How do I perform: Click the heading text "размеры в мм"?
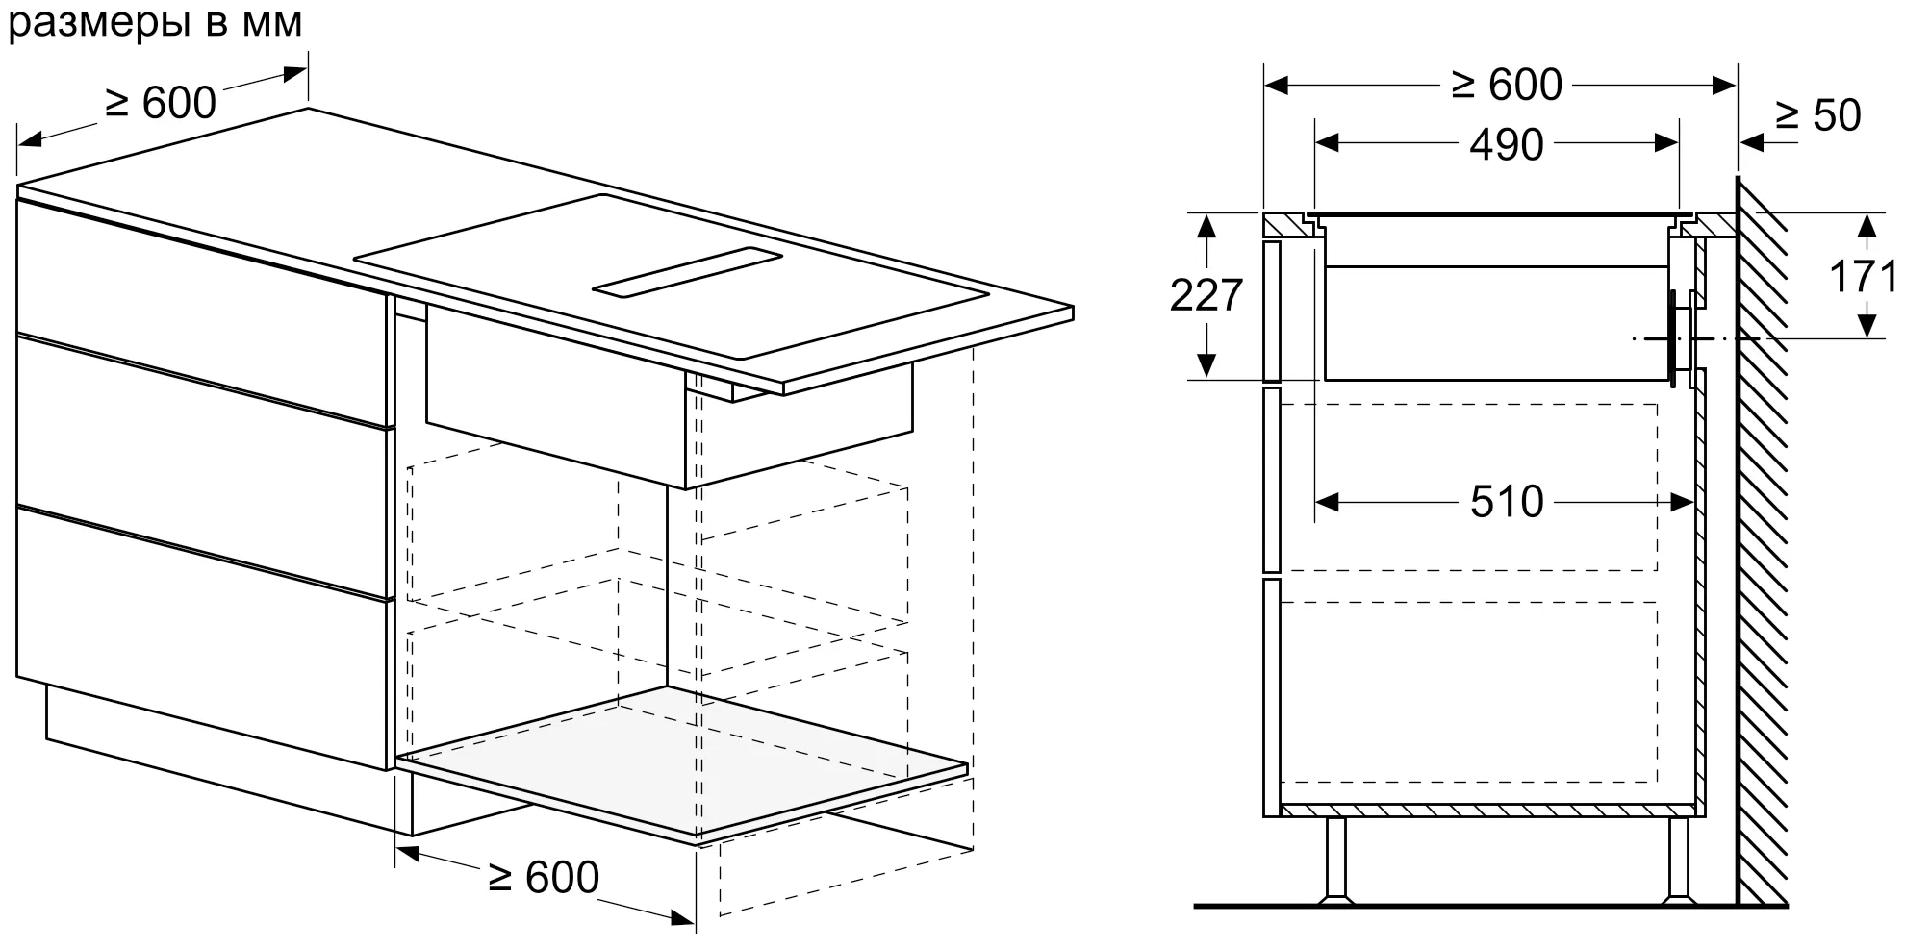(156, 23)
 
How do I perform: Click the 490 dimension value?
(1507, 144)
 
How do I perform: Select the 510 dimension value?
(1507, 502)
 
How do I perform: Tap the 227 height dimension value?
(1206, 295)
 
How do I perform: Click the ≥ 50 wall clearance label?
(1818, 115)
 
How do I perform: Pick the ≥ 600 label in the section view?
(1507, 86)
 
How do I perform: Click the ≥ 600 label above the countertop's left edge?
(161, 103)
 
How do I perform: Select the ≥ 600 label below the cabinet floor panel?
(544, 877)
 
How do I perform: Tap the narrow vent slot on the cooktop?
(687, 271)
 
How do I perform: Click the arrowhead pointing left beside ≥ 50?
(1751, 143)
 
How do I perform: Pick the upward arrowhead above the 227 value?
(1206, 226)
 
